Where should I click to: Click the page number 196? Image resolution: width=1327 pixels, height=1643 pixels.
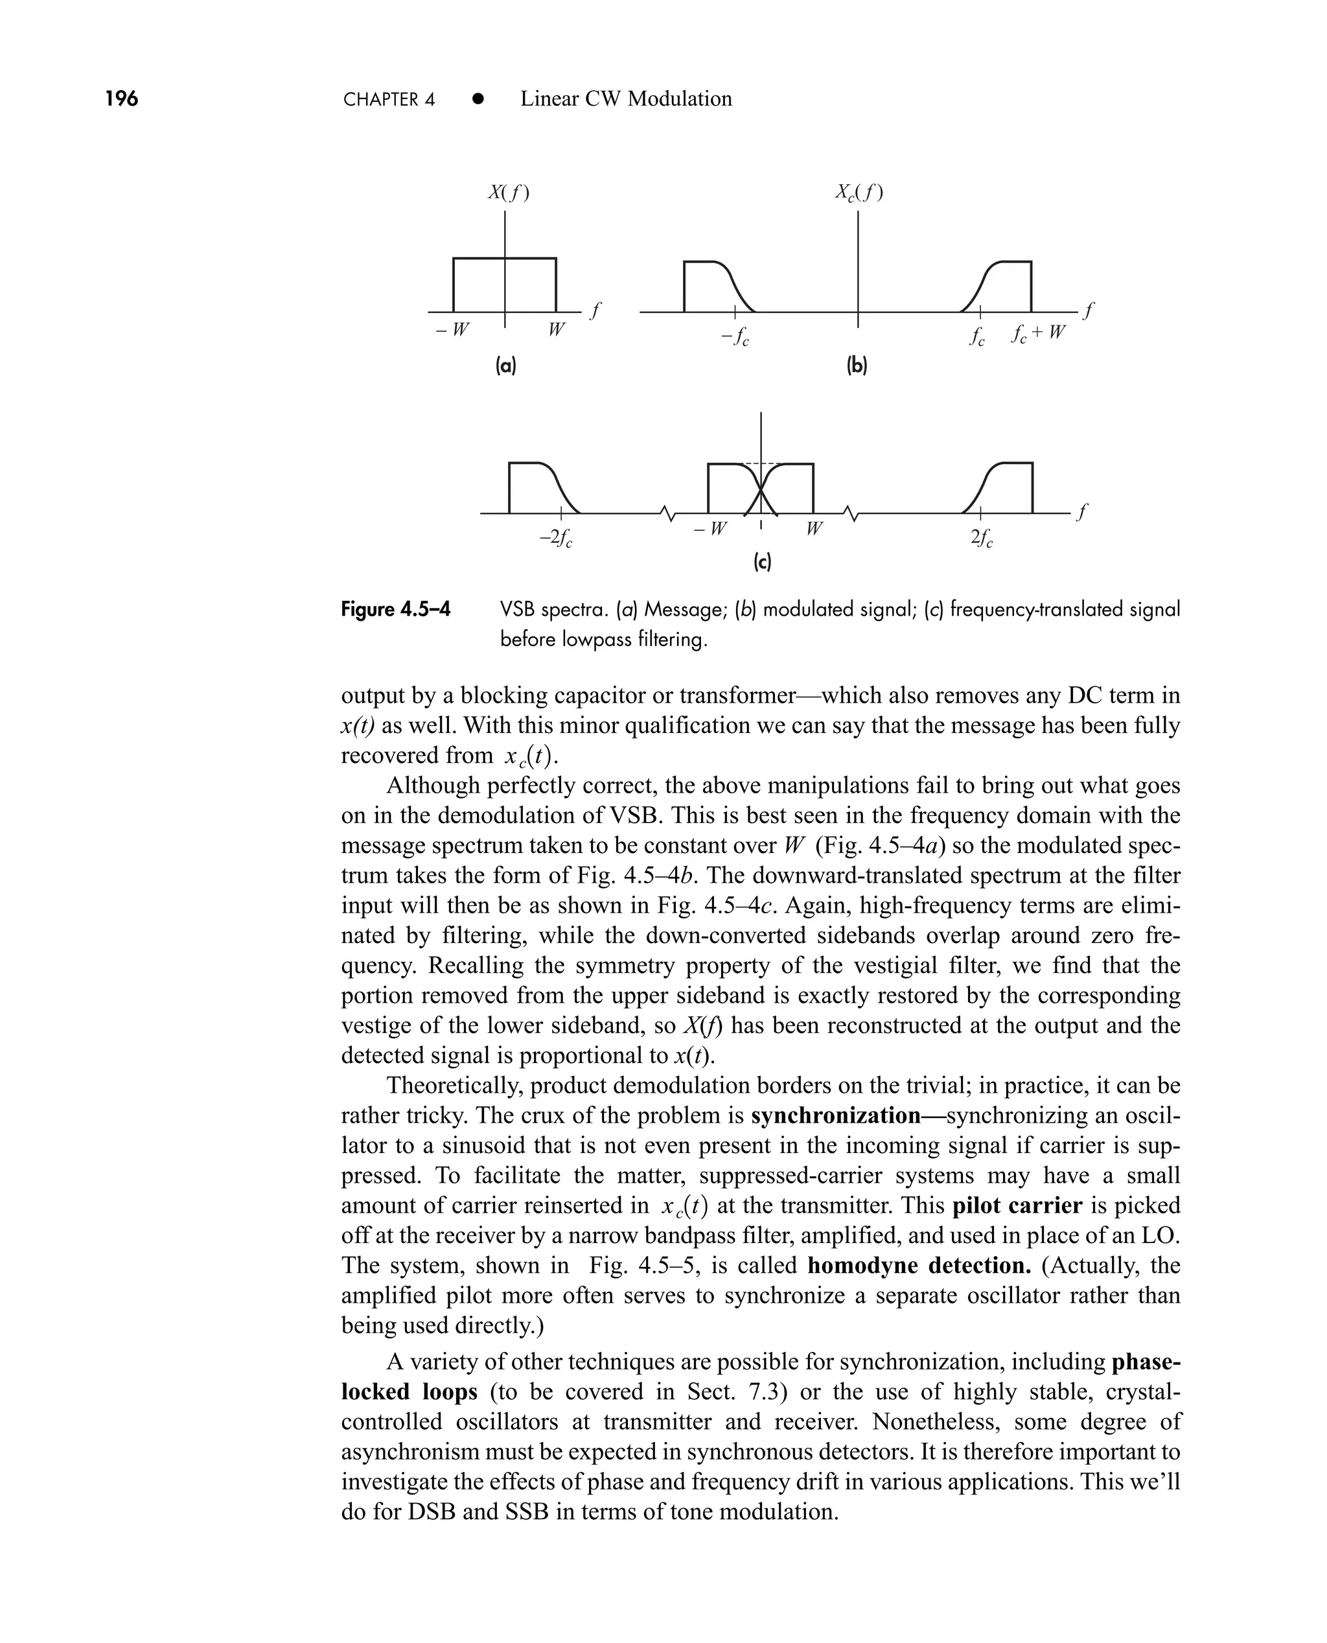(122, 99)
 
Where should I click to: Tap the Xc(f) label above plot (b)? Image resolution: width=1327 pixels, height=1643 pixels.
(859, 192)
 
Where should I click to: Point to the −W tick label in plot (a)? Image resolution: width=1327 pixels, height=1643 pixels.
(452, 331)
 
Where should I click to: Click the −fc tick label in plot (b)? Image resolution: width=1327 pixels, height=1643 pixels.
(735, 336)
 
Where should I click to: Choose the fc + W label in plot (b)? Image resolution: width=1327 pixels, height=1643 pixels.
(1037, 333)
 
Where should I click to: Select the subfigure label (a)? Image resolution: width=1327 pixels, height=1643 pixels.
(505, 366)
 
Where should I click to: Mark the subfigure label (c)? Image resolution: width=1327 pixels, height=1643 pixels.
(762, 563)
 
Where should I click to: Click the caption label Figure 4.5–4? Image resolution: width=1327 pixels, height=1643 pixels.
(395, 609)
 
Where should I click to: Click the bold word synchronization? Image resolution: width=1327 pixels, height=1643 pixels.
(835, 1115)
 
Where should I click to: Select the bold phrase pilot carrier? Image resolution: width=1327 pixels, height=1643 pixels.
(1017, 1206)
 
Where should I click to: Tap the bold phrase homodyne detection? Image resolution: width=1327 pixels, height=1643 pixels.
(919, 1265)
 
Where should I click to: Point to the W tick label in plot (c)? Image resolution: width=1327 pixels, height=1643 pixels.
(813, 528)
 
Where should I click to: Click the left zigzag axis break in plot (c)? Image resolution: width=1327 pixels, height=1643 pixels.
(669, 515)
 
